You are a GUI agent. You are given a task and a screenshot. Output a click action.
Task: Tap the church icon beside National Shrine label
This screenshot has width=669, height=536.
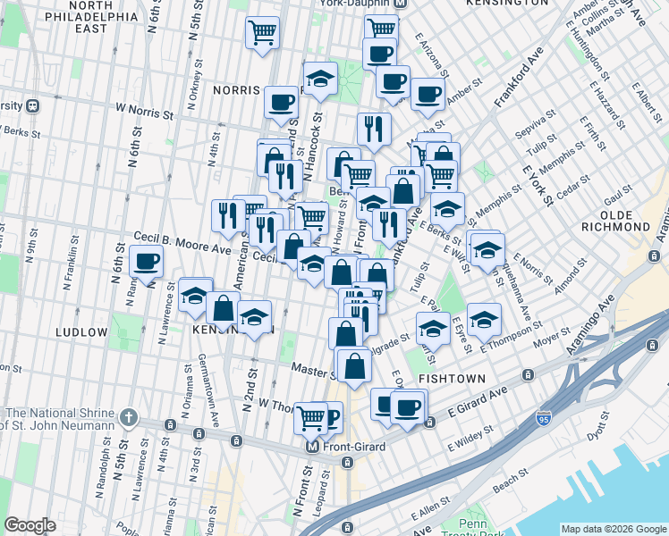(x=129, y=417)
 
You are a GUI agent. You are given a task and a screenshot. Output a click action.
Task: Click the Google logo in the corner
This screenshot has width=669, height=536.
(x=30, y=525)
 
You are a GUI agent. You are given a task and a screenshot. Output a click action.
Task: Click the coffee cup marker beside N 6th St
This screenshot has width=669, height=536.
(x=147, y=262)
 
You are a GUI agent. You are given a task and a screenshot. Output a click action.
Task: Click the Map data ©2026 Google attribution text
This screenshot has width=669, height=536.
(x=613, y=529)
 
